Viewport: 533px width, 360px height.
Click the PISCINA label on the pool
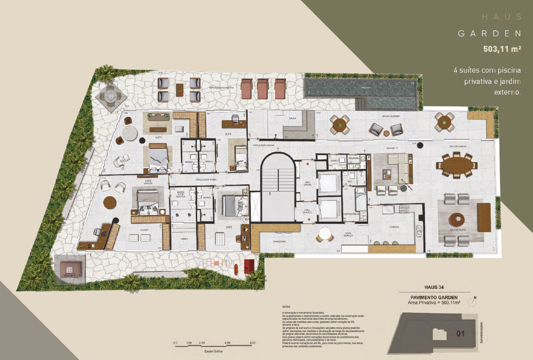click(365, 87)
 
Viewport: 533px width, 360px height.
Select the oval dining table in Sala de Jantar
click(456, 165)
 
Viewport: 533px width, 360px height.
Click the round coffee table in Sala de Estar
click(456, 220)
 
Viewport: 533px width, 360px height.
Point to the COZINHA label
click(395, 227)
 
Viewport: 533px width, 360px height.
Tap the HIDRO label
click(184, 238)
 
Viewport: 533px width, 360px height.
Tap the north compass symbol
click(474, 302)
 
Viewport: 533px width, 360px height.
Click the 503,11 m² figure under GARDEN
click(502, 49)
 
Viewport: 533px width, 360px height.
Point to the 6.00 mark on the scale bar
click(252, 343)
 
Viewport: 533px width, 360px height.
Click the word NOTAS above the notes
click(286, 307)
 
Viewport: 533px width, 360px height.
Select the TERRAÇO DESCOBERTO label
click(220, 87)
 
